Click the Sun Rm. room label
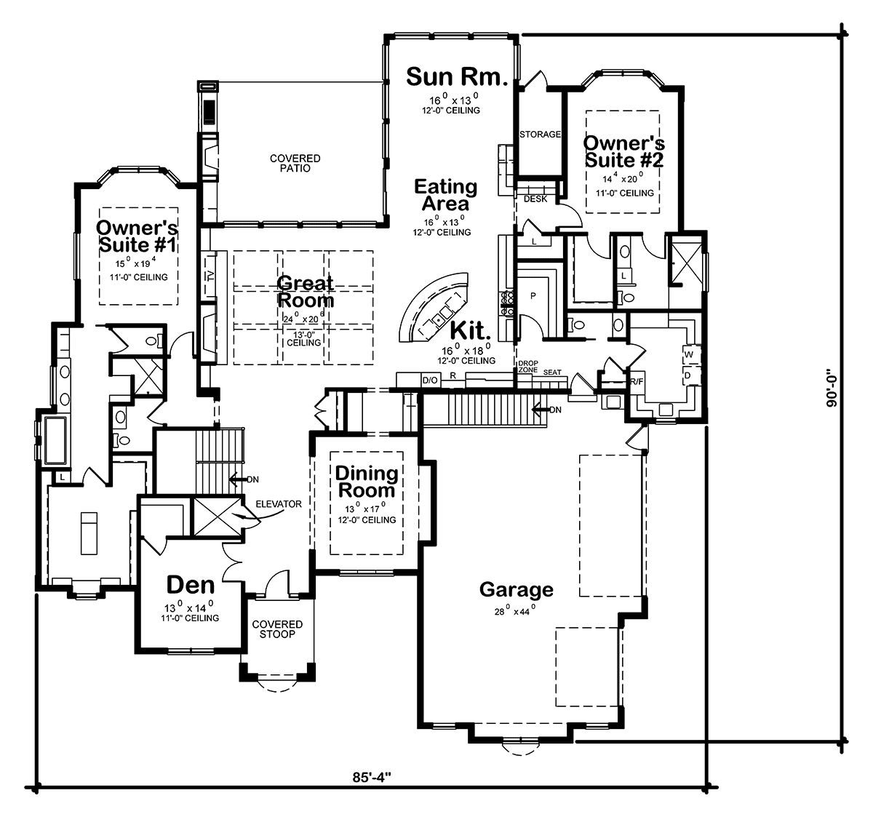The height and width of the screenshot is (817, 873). [455, 76]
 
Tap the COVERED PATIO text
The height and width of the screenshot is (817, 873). [295, 163]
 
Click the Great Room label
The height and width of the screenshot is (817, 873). [305, 291]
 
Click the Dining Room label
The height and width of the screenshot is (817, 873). [367, 482]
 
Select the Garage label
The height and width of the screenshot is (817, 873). [516, 589]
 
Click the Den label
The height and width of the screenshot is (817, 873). [191, 585]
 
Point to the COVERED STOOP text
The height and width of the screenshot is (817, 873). [277, 629]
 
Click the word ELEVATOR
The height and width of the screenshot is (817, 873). [279, 503]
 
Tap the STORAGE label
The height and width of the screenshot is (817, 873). [540, 135]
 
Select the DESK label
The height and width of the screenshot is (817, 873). [535, 198]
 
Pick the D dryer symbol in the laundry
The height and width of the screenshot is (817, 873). [687, 375]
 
